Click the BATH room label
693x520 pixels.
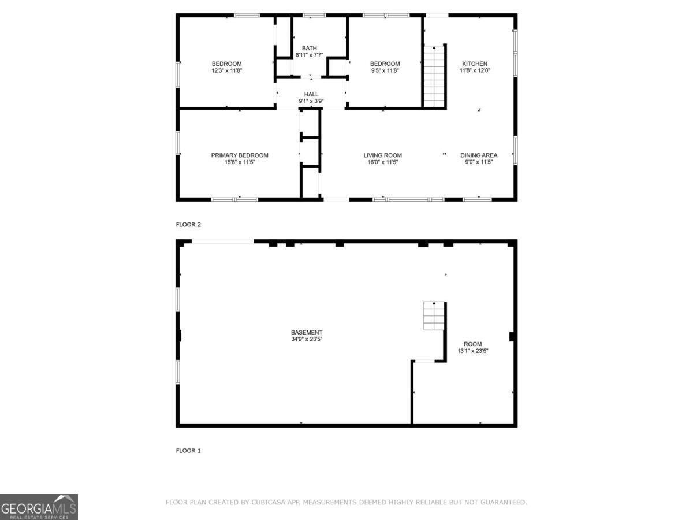[309, 48]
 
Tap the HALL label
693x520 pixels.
[311, 94]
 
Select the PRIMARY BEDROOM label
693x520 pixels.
[240, 155]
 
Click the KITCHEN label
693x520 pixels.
[474, 64]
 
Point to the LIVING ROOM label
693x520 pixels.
[382, 155]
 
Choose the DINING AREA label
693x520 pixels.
[479, 155]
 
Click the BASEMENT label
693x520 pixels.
[307, 332]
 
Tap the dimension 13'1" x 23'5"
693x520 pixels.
[472, 351]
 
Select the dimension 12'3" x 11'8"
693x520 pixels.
[226, 70]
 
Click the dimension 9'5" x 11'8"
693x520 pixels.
[385, 70]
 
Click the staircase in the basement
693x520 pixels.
[434, 315]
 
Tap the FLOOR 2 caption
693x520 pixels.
[188, 225]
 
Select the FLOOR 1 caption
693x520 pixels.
[188, 451]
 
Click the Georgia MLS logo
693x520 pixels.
[39, 507]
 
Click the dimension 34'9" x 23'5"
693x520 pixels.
[307, 339]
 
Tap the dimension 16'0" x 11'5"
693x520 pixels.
[382, 162]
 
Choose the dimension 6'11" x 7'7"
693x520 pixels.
[309, 55]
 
